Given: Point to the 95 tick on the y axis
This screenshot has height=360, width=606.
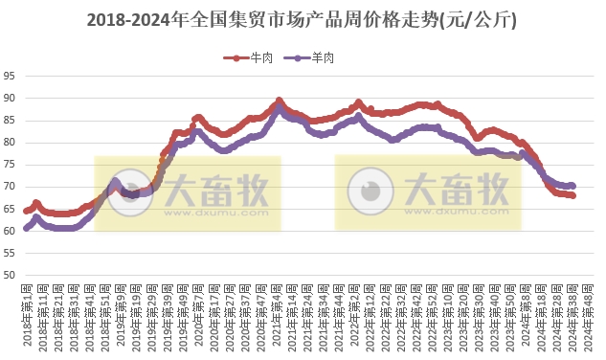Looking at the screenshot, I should (x=10, y=77).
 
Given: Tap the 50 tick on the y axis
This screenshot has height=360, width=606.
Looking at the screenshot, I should (x=10, y=276).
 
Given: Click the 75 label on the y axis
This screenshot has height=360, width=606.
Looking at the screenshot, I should (x=10, y=165).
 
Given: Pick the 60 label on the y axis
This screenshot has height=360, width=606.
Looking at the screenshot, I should (x=10, y=231).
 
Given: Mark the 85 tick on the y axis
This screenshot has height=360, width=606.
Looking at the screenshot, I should (x=10, y=121).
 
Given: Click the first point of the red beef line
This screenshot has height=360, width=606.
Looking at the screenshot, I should (x=26, y=211).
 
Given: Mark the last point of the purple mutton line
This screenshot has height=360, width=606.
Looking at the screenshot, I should (x=572, y=186).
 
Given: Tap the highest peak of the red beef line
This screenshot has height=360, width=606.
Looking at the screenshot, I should (x=279, y=101).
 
